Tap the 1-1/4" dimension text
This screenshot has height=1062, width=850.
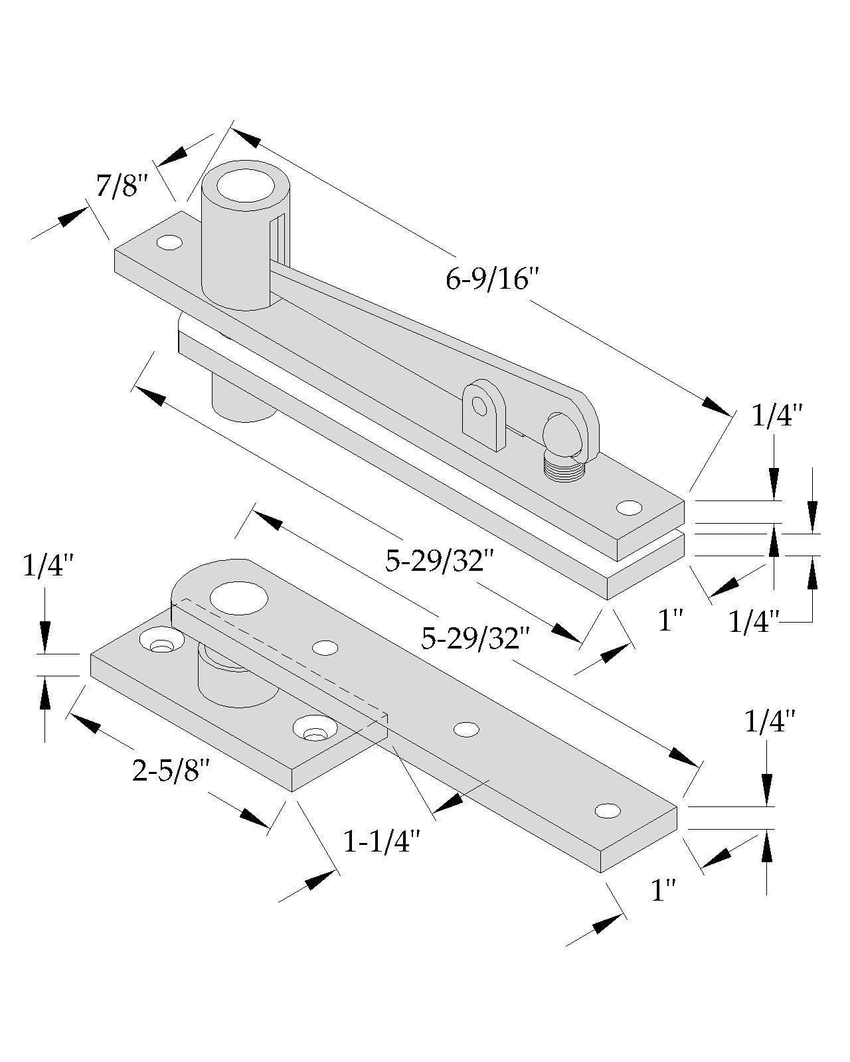click(x=382, y=842)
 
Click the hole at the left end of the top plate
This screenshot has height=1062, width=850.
click(x=169, y=243)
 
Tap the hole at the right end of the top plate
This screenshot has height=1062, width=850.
click(x=629, y=508)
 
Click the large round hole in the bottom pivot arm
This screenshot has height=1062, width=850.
click(x=239, y=595)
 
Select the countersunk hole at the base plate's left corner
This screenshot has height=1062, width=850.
click(x=161, y=643)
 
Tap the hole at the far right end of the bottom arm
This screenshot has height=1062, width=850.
click(x=608, y=810)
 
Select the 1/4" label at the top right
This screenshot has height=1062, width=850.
click(x=777, y=416)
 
